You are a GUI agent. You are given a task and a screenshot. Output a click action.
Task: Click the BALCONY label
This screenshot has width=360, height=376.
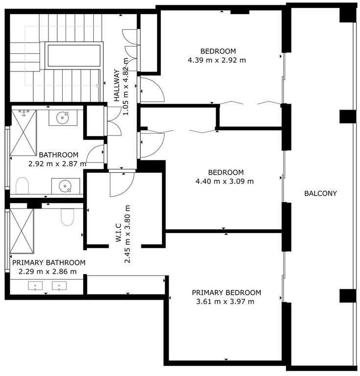tap(320, 193)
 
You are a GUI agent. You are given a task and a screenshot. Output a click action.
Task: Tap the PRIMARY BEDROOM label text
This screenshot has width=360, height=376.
tap(226, 293)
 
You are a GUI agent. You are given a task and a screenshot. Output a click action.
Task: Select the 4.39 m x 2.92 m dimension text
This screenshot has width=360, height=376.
tap(217, 60)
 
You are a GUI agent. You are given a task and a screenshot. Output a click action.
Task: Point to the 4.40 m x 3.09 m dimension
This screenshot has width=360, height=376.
tap(225, 181)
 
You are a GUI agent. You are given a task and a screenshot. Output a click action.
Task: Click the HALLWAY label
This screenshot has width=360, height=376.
tap(116, 86)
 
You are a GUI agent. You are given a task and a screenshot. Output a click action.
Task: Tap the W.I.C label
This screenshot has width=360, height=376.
tap(119, 233)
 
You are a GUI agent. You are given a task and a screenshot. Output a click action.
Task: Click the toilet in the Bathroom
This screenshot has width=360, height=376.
tap(22, 186)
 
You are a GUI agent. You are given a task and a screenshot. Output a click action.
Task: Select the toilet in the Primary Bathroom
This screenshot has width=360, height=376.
tap(67, 217)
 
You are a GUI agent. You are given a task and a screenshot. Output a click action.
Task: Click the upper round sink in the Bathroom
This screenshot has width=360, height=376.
tap(63, 117)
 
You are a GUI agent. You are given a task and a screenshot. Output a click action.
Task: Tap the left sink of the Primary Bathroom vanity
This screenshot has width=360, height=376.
tap(35, 286)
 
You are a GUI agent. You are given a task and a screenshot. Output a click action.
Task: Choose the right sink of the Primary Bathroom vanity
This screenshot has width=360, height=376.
tap(59, 286)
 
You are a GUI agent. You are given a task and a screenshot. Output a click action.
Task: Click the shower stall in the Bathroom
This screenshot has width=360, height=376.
tap(23, 133)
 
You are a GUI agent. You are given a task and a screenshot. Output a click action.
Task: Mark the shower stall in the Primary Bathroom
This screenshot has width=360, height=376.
tap(22, 231)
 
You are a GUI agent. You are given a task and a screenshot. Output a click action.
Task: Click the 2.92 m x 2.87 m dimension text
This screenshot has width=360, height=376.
tap(57, 164)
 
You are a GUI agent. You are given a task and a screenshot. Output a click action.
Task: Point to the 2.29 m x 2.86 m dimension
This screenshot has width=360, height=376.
tap(47, 271)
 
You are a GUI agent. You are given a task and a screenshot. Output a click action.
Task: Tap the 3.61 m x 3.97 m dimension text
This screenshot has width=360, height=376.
tap(225, 302)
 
